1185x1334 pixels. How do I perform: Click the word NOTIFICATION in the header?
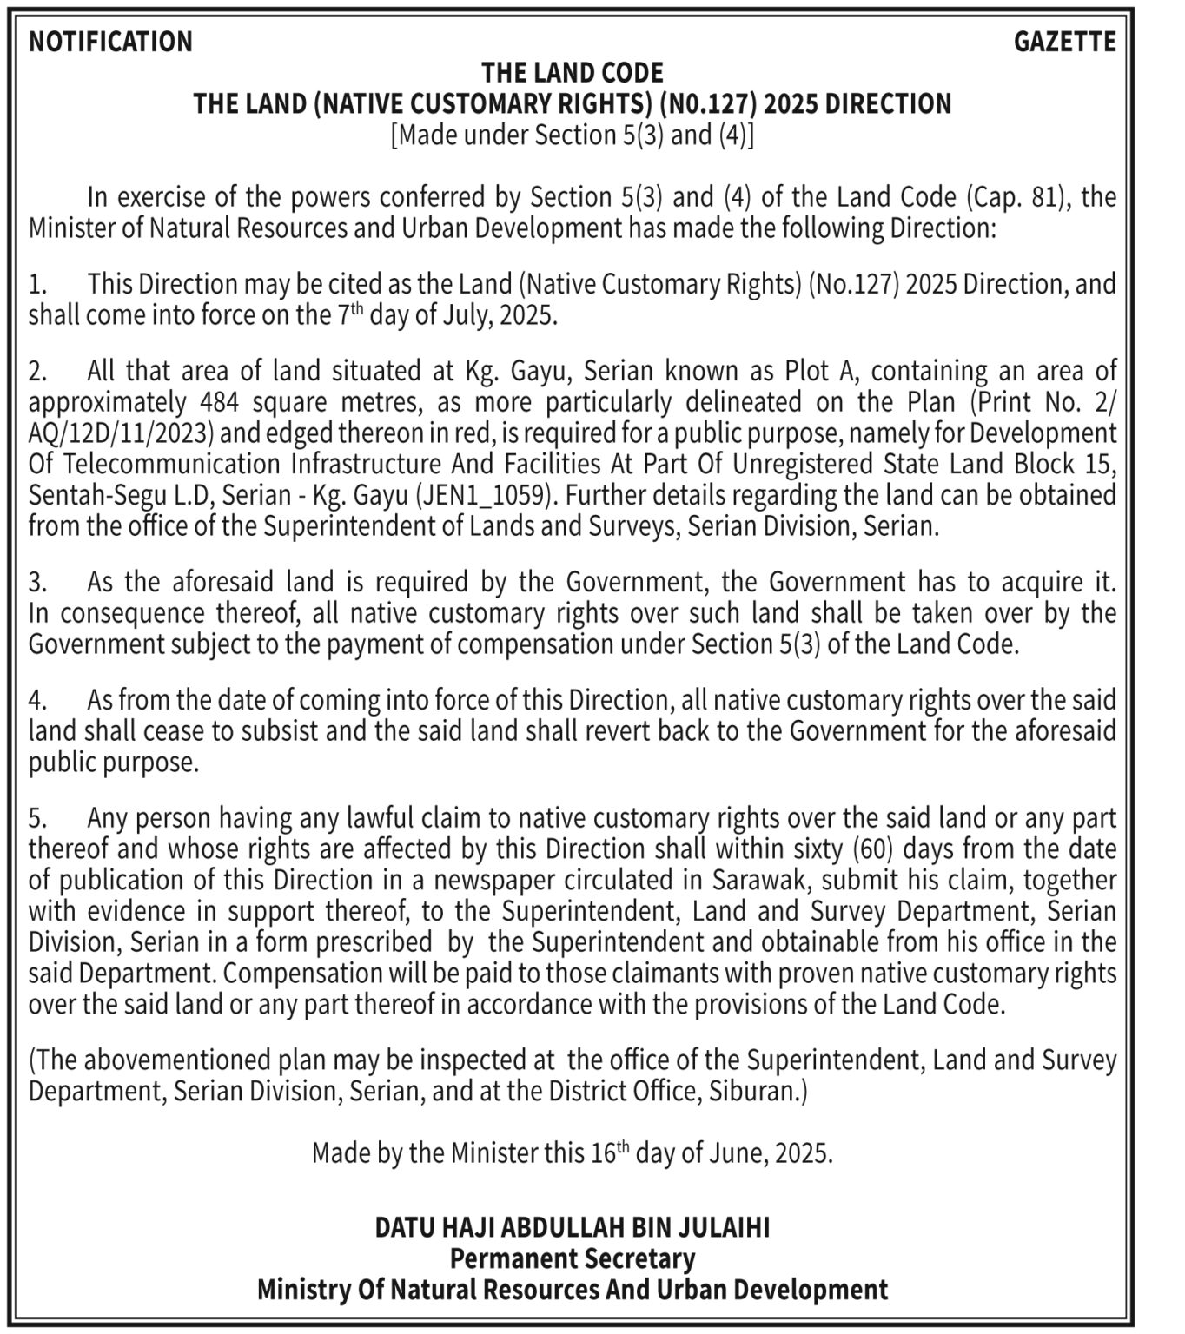click(110, 41)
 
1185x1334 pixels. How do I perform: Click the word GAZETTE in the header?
click(1065, 41)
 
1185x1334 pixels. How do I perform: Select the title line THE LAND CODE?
click(573, 72)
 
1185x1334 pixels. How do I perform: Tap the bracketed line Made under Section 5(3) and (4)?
click(573, 135)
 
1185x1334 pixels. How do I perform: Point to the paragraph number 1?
click(36, 284)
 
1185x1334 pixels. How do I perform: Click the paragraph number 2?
click(37, 372)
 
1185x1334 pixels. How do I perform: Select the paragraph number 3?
click(37, 582)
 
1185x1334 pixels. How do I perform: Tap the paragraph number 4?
click(37, 700)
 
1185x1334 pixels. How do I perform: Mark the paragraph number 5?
click(37, 818)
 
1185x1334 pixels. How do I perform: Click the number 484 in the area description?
click(222, 402)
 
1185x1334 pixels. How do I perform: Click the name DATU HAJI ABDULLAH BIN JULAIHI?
click(573, 1227)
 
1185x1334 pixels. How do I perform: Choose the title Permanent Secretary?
click(573, 1258)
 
